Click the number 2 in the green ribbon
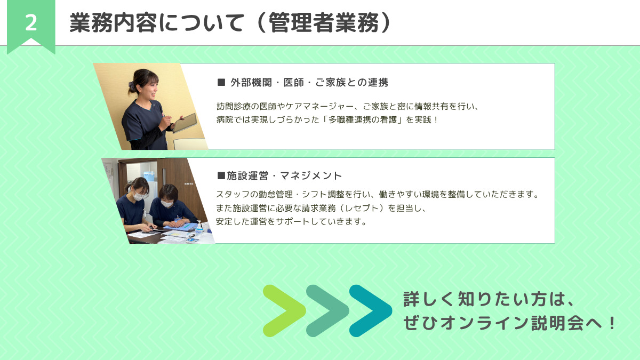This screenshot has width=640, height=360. pos(31,23)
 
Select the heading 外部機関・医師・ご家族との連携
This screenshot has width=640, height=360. pos(309,83)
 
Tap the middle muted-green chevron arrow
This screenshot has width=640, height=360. pos(327,311)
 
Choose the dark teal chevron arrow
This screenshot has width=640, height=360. pos(370,311)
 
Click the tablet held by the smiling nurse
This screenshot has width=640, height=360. pos(185,122)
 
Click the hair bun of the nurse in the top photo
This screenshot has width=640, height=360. pos(131,85)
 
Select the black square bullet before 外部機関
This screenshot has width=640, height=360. pos(221,83)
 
